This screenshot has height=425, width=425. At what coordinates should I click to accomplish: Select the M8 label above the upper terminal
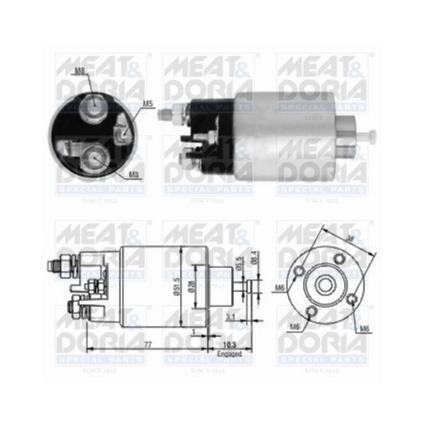pyautogui.click(x=80, y=71)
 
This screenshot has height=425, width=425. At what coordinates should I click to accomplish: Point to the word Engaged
pyautogui.click(x=229, y=354)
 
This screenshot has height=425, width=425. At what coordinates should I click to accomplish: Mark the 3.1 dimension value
pyautogui.click(x=231, y=317)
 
